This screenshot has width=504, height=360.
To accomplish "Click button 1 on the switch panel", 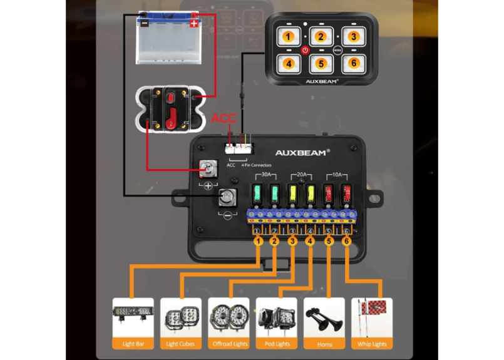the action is pos(288,36).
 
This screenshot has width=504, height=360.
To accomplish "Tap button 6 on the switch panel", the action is pos(353,63).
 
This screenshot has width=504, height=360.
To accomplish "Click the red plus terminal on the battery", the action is pos(194,23).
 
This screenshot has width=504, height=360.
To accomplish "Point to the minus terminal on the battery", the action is pos(145,23).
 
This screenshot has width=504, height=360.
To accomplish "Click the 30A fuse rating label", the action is pos(265,175).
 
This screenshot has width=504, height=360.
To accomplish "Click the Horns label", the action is pos(324,344).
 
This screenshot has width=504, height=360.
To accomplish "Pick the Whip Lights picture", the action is pos(372,317).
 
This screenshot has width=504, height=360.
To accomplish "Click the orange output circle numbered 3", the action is pos(292,241).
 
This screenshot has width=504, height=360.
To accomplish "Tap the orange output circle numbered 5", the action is pos(329,241).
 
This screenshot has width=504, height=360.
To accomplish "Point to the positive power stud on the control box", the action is pos(207,168).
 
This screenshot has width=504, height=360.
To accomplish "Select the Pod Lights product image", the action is pos(276,317).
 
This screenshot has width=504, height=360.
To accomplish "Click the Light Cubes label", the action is pos(181,344).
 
